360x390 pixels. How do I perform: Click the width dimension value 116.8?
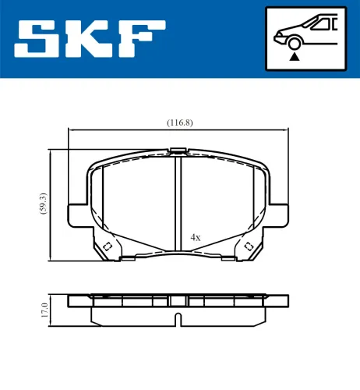[x=180, y=122]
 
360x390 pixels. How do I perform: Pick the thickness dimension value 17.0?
[x=45, y=310]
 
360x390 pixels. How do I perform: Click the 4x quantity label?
[x=196, y=236]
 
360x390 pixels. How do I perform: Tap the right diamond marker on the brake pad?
[x=250, y=247]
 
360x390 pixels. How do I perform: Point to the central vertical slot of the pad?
[x=179, y=203]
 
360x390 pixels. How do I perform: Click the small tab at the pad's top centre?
[x=179, y=151]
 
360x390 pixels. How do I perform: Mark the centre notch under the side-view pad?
[x=179, y=318]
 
